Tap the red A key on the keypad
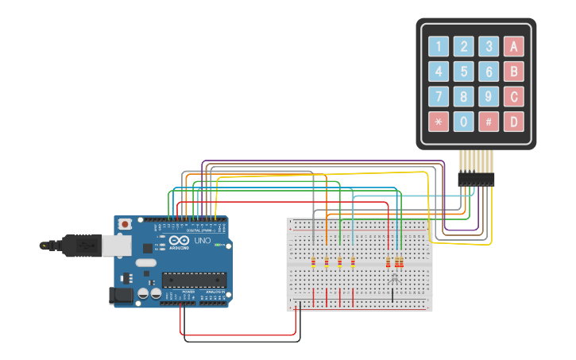click(514, 46)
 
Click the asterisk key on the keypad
click(439, 122)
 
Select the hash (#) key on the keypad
click(489, 122)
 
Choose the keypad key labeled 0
click(464, 122)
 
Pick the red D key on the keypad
click(514, 122)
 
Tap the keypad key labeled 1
click(439, 46)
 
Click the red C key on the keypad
click(514, 97)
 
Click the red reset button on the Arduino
click(125, 225)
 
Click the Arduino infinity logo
click(180, 242)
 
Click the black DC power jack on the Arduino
click(119, 296)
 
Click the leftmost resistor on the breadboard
click(314, 261)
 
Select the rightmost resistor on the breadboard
click(401, 261)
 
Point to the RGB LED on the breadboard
click(393, 278)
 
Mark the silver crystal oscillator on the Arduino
click(146, 262)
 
